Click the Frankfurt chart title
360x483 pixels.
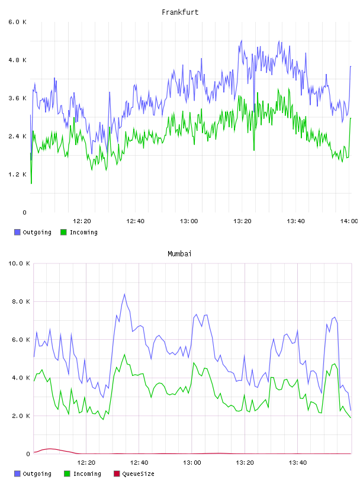point(180,12)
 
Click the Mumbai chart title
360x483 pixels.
point(179,254)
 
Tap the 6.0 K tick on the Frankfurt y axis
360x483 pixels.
point(17,22)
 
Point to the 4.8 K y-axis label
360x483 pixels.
point(17,60)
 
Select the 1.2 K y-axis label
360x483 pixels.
point(17,175)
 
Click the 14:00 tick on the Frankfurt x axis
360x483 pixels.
point(349,221)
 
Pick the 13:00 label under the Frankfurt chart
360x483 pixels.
point(189,221)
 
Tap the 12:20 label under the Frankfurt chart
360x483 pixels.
point(82,221)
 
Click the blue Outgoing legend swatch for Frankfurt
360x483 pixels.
point(17,232)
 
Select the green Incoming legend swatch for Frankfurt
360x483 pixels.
point(63,232)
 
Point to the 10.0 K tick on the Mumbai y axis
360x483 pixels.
point(19,263)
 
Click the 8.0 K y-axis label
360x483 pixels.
point(21,301)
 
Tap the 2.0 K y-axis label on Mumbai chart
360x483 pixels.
point(21,416)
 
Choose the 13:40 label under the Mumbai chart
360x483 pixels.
point(298,463)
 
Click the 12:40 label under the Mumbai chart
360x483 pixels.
point(139,463)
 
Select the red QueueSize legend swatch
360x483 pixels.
point(117,474)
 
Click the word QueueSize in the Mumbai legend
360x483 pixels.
point(138,474)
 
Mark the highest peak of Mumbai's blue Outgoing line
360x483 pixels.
point(124,294)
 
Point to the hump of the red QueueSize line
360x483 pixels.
point(50,449)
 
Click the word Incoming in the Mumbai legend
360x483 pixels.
point(87,474)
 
